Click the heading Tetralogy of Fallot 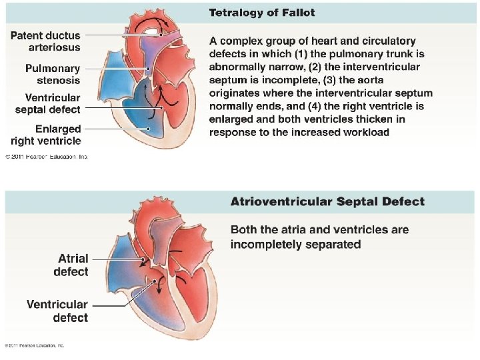click(x=262, y=12)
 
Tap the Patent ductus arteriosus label click(x=45, y=41)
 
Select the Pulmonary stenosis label click(x=53, y=74)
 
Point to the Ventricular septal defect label click(x=47, y=103)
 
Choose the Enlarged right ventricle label click(x=46, y=135)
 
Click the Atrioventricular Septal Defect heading click(x=327, y=201)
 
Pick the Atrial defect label click(x=71, y=265)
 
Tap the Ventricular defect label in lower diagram click(x=57, y=311)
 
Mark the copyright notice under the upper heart click(x=47, y=157)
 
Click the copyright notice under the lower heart click(x=35, y=345)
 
